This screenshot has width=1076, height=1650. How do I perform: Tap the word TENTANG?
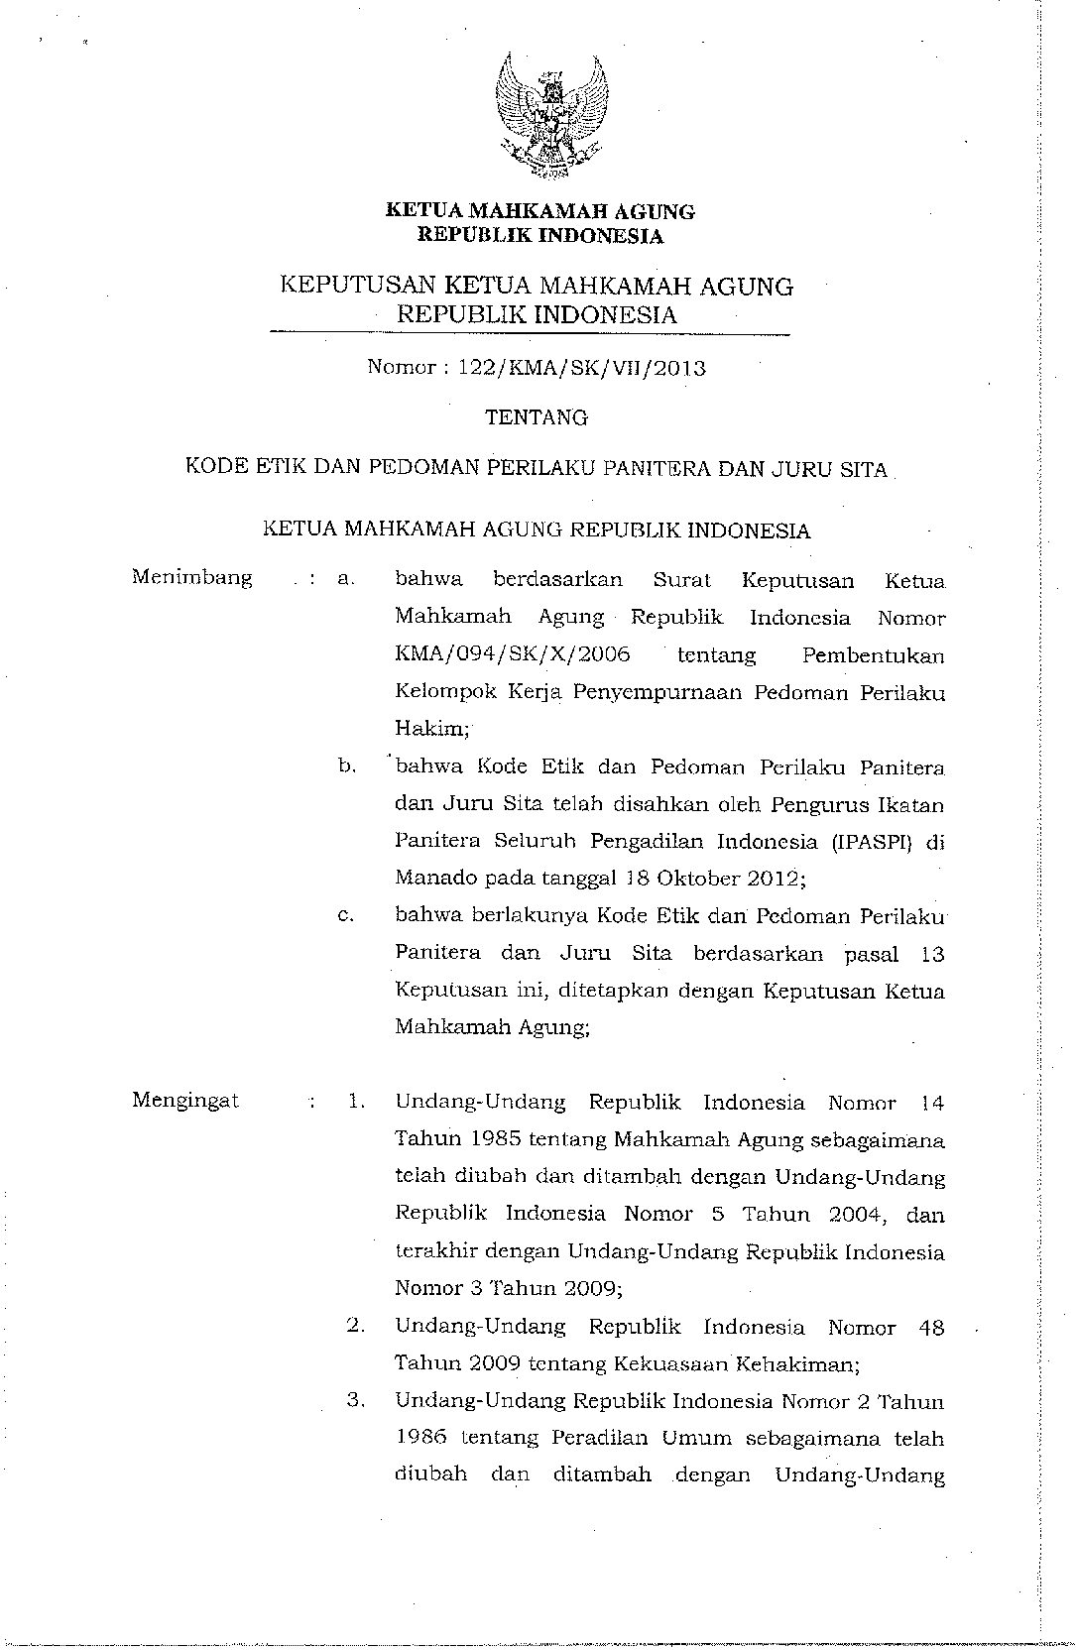[x=537, y=417]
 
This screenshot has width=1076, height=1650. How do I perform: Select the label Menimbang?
[x=191, y=577]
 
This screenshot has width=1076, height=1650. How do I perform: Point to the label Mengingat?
[x=185, y=1100]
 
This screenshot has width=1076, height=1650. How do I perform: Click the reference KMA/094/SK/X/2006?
[x=512, y=654]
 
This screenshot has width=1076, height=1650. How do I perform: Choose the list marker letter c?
[x=345, y=916]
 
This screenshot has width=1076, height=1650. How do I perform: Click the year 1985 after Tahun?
[x=497, y=1139]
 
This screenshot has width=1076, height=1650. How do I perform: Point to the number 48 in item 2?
[x=931, y=1327]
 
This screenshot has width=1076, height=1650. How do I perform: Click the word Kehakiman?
[x=795, y=1363]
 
